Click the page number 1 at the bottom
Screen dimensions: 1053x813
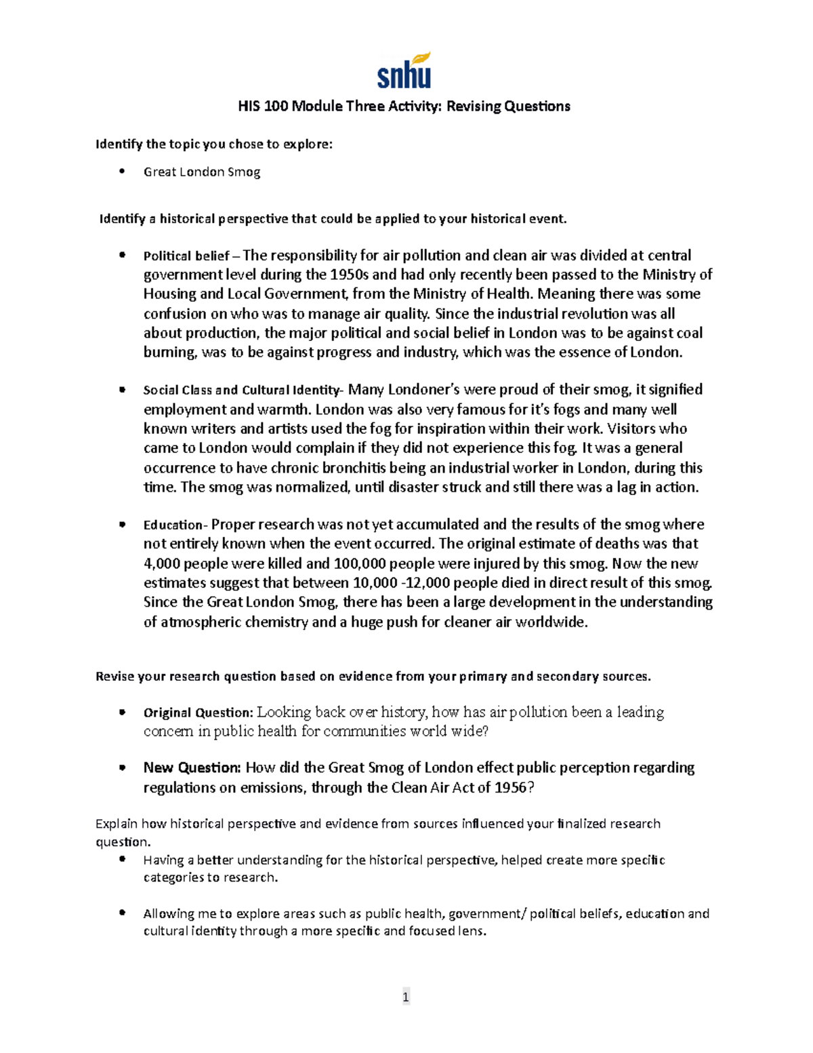(405, 996)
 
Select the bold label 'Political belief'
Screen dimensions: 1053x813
(186, 256)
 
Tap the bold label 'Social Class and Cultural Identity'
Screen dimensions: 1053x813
(242, 391)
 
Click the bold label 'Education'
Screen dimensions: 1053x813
(173, 525)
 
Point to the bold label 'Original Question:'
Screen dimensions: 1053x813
(198, 713)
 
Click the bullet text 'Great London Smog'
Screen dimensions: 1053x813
(201, 172)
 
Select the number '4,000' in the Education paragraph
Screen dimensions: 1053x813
(162, 563)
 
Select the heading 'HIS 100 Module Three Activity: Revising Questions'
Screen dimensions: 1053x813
(404, 106)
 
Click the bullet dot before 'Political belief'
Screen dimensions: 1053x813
(122, 255)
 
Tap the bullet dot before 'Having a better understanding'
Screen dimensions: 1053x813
(122, 859)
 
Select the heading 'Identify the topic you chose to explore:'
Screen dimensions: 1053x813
(214, 144)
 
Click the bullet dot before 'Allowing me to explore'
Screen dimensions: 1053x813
(122, 913)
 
